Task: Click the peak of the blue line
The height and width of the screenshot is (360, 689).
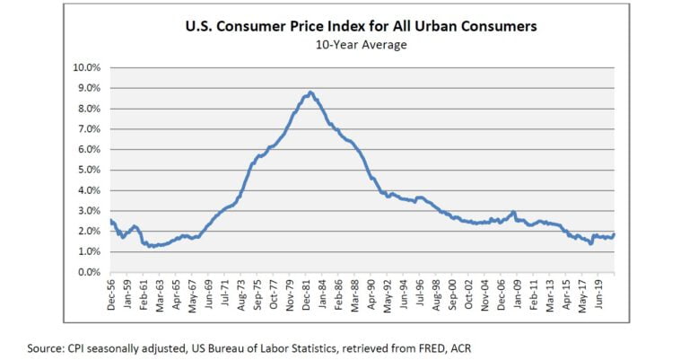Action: click(310, 92)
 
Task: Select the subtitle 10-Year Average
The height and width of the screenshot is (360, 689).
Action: click(362, 44)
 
